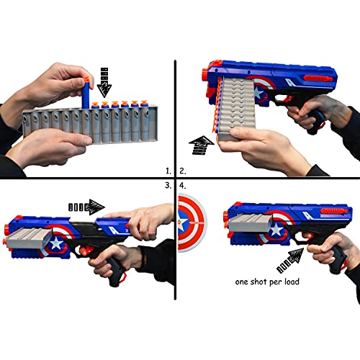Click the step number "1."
click(168, 171)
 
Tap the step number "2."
click(183, 171)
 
